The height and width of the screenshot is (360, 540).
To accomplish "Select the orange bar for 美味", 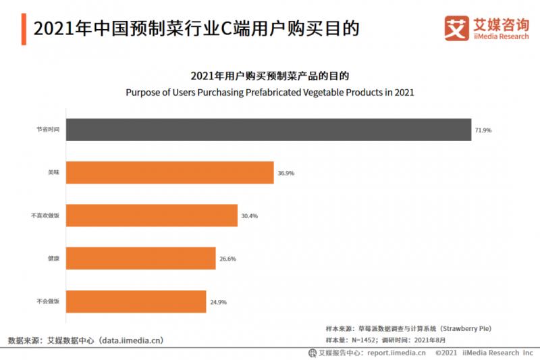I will coord(170,173).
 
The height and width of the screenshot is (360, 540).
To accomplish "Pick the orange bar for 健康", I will coord(141,258).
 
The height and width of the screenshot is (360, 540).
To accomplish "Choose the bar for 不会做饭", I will coord(136,301).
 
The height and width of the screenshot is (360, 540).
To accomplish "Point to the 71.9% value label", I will coord(483,130).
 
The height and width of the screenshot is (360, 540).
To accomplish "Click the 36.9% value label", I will coord(286,173).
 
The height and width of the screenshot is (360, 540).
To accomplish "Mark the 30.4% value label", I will coord(250,215).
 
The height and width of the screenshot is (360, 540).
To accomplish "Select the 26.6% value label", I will coord(227,258).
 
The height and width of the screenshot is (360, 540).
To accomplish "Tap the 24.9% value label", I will coord(218,301).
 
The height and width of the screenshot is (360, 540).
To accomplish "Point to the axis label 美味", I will coord(53,173).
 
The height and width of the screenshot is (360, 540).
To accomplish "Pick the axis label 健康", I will coord(53,258).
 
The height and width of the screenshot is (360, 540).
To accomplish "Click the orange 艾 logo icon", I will coord(456,28).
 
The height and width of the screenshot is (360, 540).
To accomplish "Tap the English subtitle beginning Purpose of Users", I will coord(269,92).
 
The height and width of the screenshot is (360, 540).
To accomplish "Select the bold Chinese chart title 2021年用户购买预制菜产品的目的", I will coord(269,75).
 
